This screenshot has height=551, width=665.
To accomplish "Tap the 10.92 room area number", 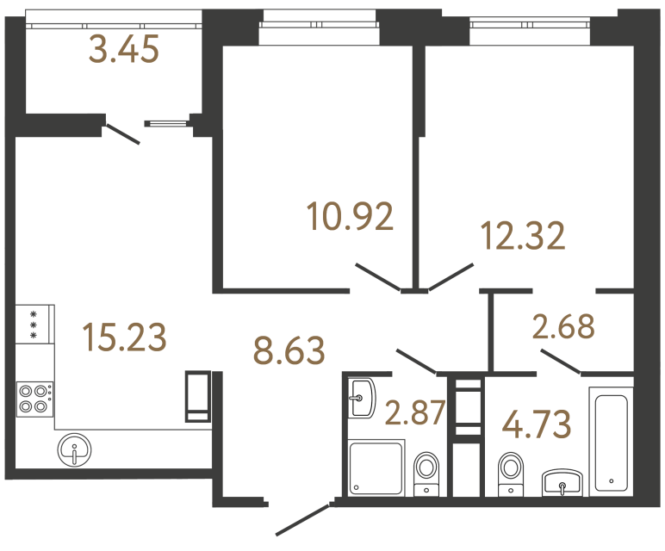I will (x=351, y=216).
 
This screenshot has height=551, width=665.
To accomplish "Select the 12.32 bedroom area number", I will (x=524, y=235).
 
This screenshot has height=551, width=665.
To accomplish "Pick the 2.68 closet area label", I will (x=564, y=328).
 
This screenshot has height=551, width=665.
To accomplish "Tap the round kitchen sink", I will (x=78, y=449).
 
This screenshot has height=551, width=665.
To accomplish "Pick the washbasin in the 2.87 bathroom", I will (x=362, y=397).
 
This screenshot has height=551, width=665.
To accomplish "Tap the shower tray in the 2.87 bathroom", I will (x=376, y=466).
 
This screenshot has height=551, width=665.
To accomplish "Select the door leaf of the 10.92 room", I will (x=377, y=277).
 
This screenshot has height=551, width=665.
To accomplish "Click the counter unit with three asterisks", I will (x=34, y=324).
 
